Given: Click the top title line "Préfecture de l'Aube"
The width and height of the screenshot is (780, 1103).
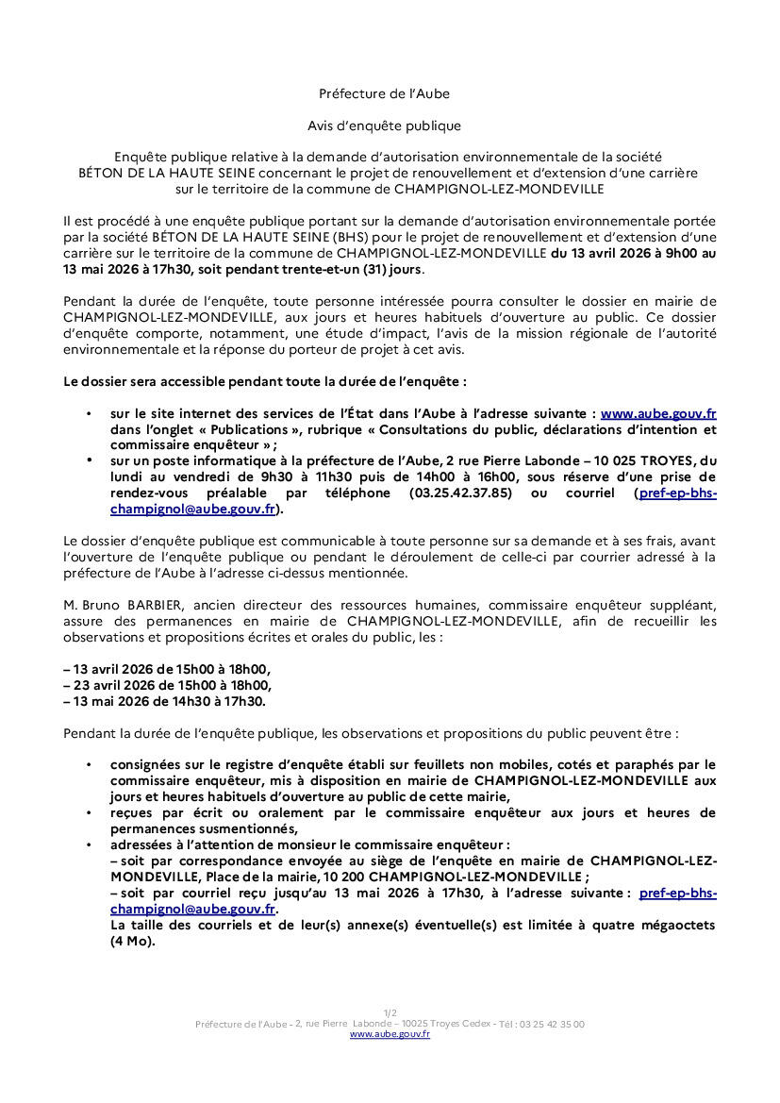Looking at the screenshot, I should click(384, 93).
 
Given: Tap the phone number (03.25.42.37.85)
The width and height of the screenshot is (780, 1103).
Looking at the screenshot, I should click(460, 493).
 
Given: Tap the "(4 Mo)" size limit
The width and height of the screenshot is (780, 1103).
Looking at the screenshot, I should click(132, 941).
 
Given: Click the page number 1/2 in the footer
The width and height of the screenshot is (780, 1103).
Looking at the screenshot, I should click(390, 1013).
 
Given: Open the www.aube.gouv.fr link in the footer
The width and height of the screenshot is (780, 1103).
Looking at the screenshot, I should click(390, 1035).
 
